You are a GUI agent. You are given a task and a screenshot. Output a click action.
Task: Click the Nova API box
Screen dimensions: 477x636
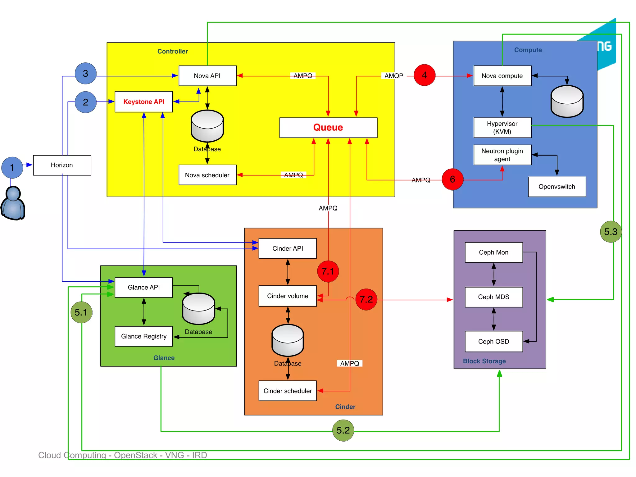tap(207, 76)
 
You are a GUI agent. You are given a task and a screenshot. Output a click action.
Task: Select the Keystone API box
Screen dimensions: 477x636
tap(144, 102)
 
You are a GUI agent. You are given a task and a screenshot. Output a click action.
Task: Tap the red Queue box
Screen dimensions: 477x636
tap(328, 127)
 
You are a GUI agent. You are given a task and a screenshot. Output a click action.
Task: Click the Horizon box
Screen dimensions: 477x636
tap(62, 165)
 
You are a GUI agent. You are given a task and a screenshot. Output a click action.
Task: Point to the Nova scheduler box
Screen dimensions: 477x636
tap(207, 175)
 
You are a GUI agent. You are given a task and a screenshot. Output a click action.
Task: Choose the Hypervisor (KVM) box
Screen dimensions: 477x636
tap(502, 128)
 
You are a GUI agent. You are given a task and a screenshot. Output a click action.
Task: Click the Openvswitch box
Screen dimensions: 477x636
tap(557, 187)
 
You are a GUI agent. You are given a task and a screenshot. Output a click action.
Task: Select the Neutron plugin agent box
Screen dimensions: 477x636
tap(502, 155)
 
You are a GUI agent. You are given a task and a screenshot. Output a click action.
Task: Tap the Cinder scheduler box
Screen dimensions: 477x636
tap(288, 391)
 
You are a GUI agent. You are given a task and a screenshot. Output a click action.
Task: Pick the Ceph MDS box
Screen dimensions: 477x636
tap(493, 297)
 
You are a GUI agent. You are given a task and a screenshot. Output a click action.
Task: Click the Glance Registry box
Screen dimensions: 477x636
tap(144, 336)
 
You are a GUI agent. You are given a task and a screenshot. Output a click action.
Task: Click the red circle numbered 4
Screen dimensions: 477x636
tap(425, 75)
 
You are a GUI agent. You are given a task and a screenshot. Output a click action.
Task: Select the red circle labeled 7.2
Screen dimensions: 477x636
tap(366, 299)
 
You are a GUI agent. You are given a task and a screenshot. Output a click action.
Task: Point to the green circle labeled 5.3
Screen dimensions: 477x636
tap(611, 232)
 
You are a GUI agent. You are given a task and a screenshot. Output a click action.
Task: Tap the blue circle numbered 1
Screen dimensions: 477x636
tap(12, 168)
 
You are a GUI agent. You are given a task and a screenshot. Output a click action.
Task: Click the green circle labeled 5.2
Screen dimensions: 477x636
tap(343, 430)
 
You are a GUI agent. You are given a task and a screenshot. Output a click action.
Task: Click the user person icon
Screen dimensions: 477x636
tap(13, 203)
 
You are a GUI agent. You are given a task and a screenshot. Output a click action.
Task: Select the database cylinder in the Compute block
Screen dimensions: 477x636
tap(567, 102)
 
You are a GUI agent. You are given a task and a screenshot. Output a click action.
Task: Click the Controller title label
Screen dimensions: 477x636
tap(173, 51)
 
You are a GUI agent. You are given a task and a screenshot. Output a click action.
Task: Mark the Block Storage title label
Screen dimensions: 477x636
tap(484, 361)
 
